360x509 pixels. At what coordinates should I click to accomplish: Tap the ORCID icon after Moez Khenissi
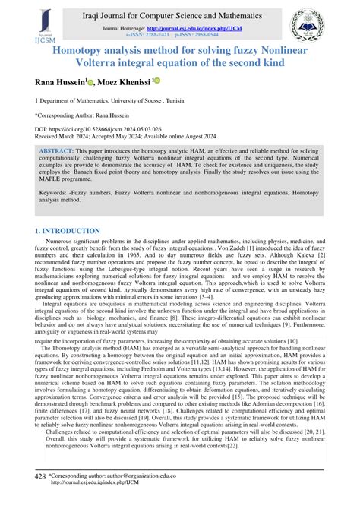click(158, 82)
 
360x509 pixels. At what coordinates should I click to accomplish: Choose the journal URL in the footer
click(95, 504)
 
